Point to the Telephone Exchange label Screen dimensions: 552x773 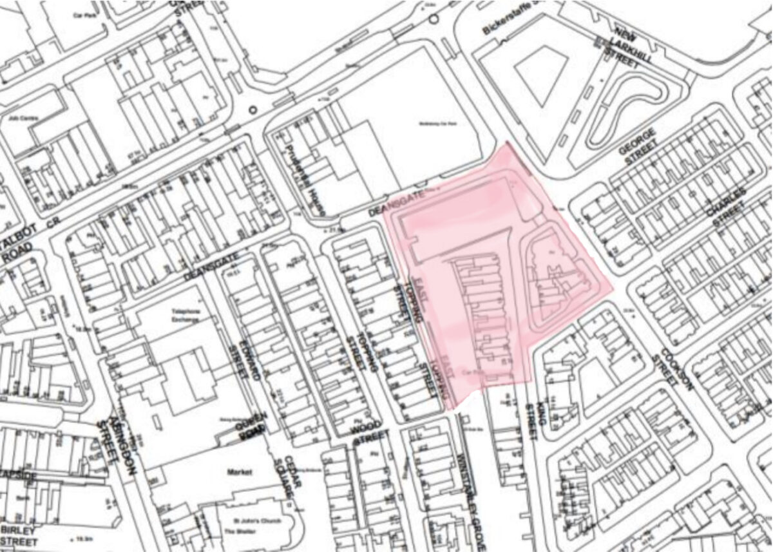187,314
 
